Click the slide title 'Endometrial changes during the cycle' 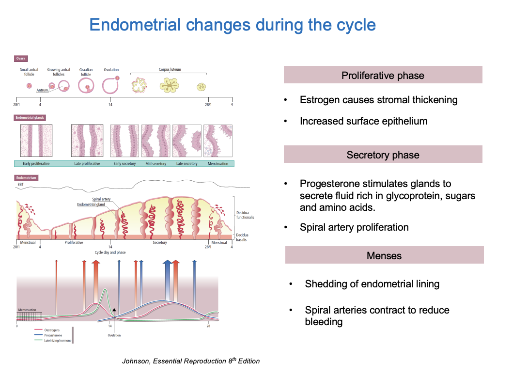pos(233,25)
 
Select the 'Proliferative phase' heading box pos(383,75)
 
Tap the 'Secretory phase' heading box pos(383,155)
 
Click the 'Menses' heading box pos(384,255)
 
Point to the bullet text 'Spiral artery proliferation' pos(354,227)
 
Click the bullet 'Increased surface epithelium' pos(363,121)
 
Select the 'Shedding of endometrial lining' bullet pos(372,284)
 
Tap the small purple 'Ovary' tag pos(21,59)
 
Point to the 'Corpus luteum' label pos(170,70)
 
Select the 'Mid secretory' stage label pos(155,164)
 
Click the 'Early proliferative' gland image pos(36,141)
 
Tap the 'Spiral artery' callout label pos(101,200)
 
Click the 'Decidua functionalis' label pos(245,215)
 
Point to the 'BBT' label pos(20,185)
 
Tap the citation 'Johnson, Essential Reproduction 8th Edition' pos(191,361)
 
